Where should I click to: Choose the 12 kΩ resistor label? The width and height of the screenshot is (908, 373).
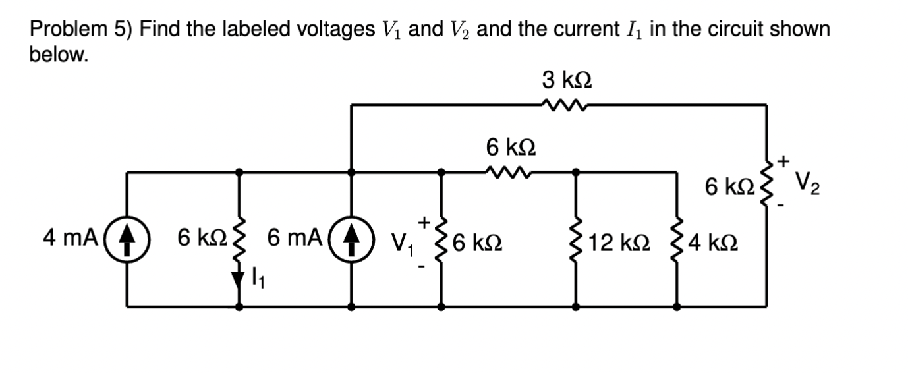tap(619, 244)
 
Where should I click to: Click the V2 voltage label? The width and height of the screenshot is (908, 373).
tap(808, 181)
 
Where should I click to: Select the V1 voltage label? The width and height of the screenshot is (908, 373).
tap(404, 245)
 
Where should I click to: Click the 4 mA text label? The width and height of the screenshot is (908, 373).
tap(70, 237)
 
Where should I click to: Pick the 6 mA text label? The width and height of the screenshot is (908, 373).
tap(295, 237)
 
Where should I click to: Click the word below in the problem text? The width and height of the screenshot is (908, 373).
tap(58, 55)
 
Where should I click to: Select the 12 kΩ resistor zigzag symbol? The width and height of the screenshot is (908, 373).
tap(577, 244)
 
